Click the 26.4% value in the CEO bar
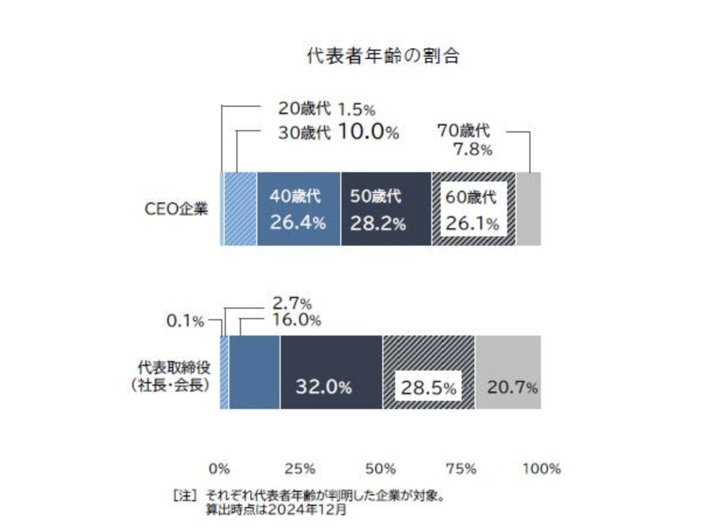click(x=297, y=223)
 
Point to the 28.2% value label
click(x=378, y=223)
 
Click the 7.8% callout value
click(x=473, y=151)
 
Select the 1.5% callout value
click(x=356, y=109)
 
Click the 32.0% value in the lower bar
click(x=323, y=387)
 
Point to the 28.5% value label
click(x=428, y=387)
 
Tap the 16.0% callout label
click(x=296, y=320)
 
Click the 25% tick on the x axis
click(x=302, y=469)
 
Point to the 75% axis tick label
click(x=462, y=469)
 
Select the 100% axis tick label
click(x=542, y=469)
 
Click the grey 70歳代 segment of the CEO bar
click(x=528, y=209)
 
